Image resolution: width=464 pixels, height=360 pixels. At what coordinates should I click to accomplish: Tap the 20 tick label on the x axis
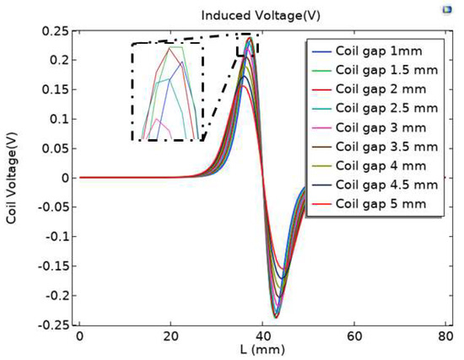[171, 335]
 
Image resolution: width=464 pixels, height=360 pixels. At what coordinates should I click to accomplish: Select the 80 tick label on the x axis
[445, 335]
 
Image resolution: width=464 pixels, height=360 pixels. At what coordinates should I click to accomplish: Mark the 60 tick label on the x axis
[353, 335]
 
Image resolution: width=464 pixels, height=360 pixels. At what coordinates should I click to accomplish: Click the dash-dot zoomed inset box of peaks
[167, 91]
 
